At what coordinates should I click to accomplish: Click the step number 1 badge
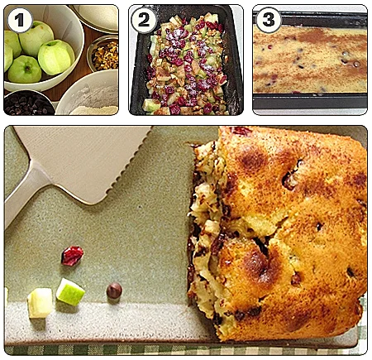20,20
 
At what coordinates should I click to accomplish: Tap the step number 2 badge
143,20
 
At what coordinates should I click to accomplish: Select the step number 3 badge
268,20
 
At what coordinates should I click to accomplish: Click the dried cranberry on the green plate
72,256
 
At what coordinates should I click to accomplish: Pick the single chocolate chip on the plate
114,290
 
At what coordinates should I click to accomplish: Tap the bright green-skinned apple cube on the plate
70,292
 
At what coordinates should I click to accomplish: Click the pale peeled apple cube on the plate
40,303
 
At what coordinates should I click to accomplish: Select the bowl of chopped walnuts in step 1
103,54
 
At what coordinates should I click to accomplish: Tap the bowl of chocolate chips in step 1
27,103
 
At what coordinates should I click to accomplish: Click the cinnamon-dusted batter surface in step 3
310,60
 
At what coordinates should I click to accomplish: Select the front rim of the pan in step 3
310,102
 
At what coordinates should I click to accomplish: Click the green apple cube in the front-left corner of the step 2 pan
151,105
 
